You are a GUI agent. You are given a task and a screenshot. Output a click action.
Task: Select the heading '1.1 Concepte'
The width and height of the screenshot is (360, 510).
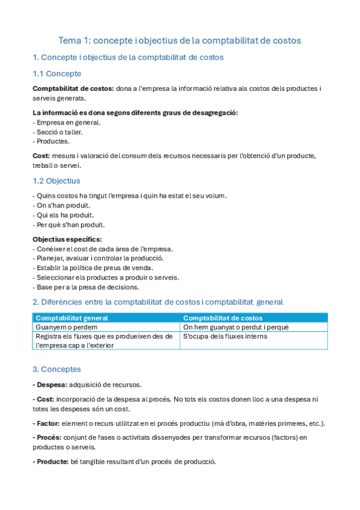(56, 73)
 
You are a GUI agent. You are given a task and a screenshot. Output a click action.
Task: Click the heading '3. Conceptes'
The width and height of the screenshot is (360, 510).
(56, 369)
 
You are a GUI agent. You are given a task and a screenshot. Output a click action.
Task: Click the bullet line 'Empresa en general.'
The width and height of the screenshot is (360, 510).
(67, 122)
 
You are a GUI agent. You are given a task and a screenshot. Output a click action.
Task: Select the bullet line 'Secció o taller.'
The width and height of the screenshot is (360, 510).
(59, 132)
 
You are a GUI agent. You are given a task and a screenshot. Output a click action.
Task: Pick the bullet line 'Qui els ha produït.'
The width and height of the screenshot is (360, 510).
(63, 215)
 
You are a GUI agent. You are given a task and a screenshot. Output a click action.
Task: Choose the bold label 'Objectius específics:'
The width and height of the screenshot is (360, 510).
(67, 239)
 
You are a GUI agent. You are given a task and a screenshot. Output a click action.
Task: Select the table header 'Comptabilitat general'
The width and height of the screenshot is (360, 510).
(72, 318)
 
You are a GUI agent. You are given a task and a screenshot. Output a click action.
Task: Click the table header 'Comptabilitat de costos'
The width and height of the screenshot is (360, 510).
(222, 318)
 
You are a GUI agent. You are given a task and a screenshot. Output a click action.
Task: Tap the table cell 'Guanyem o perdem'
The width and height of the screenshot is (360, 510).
(66, 327)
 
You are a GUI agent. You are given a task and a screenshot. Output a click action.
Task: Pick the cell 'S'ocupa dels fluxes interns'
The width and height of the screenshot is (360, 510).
(225, 336)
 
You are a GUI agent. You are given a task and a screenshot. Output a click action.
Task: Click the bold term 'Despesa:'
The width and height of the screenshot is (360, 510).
(50, 384)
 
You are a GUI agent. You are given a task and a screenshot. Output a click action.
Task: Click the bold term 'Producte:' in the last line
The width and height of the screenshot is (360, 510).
(52, 462)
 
